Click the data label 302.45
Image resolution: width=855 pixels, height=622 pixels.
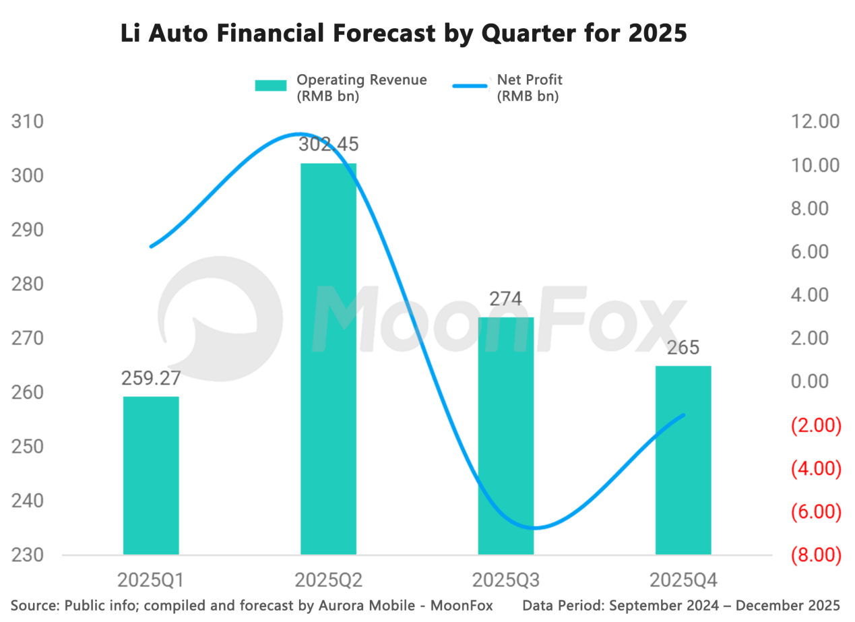328,144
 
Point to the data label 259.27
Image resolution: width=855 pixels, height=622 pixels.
151,378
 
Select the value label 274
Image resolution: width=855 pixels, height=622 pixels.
505,299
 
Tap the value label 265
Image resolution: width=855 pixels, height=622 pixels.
683,348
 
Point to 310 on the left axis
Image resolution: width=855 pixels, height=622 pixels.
28,122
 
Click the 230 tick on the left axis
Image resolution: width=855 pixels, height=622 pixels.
28,556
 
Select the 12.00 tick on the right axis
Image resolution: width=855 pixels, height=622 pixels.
815,122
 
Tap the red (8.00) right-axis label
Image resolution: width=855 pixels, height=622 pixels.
815,556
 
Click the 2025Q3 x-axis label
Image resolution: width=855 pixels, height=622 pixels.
505,580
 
